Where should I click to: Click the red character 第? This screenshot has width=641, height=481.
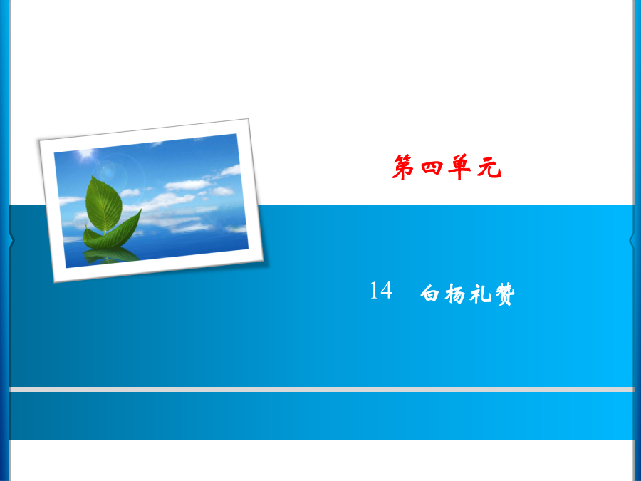click(x=402, y=167)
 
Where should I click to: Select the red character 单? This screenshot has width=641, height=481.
click(x=459, y=167)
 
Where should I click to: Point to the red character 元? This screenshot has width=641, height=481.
click(x=489, y=167)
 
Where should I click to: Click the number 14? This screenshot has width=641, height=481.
click(x=381, y=291)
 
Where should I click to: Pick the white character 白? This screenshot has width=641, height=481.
click(x=429, y=293)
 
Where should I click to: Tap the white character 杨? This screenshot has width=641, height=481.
click(x=455, y=294)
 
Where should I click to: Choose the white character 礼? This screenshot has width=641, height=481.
click(x=480, y=294)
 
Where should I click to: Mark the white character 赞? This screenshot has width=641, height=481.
click(x=505, y=294)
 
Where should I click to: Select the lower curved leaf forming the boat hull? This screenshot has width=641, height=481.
click(x=111, y=234)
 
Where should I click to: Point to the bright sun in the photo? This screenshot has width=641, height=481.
click(x=86, y=154)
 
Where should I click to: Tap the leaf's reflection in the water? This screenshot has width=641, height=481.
click(x=110, y=255)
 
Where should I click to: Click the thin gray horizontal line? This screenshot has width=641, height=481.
click(x=321, y=389)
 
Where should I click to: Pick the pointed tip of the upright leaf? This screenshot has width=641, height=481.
click(x=93, y=176)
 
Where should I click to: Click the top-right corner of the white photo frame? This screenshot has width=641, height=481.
click(x=249, y=119)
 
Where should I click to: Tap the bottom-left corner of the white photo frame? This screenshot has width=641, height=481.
click(x=54, y=281)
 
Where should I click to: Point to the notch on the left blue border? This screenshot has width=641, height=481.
click(x=11, y=240)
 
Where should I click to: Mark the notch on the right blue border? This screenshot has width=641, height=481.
click(x=632, y=240)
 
